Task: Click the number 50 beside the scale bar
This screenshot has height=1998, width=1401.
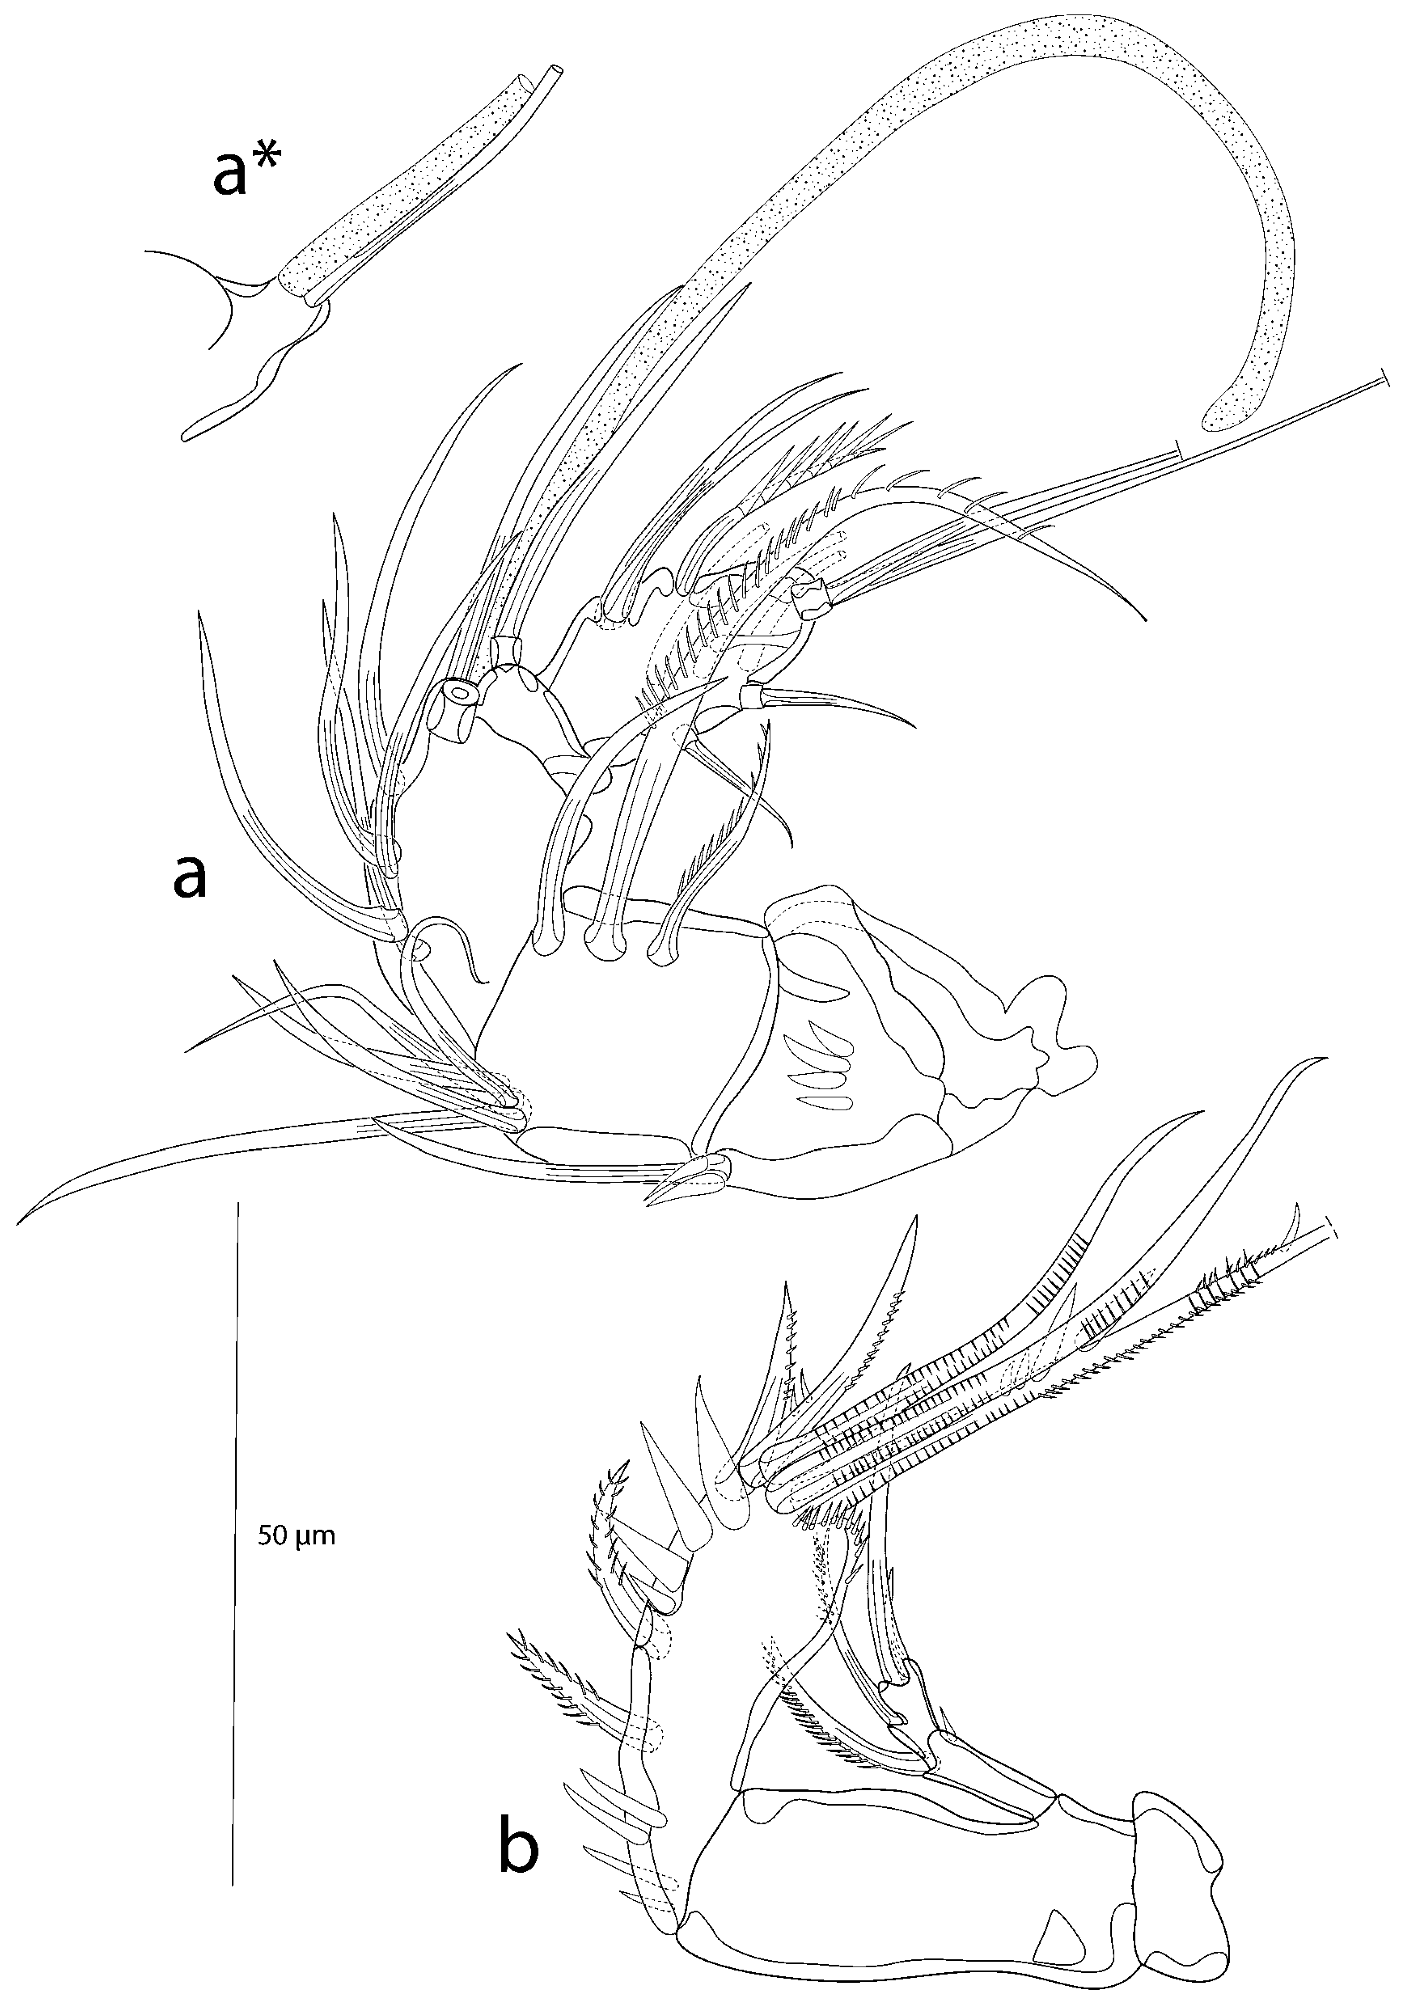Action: click(274, 1536)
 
